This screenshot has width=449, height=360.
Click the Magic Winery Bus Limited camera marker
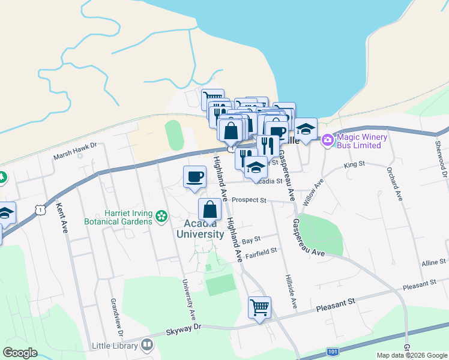pyautogui.click(x=327, y=140)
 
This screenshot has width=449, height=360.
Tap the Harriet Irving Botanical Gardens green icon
pyautogui.click(x=161, y=216)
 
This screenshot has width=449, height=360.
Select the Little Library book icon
pyautogui.click(x=146, y=345)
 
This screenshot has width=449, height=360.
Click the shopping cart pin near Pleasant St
pyautogui.click(x=259, y=308)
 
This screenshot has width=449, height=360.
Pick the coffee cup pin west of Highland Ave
pyautogui.click(x=194, y=176)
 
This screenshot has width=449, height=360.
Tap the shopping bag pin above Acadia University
pyautogui.click(x=209, y=209)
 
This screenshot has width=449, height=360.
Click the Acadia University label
pyautogui.click(x=200, y=229)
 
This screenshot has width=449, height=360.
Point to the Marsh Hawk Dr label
pyautogui.click(x=75, y=154)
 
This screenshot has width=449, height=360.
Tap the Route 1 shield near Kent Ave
pyautogui.click(x=40, y=209)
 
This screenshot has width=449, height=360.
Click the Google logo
pyautogui.click(x=20, y=353)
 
